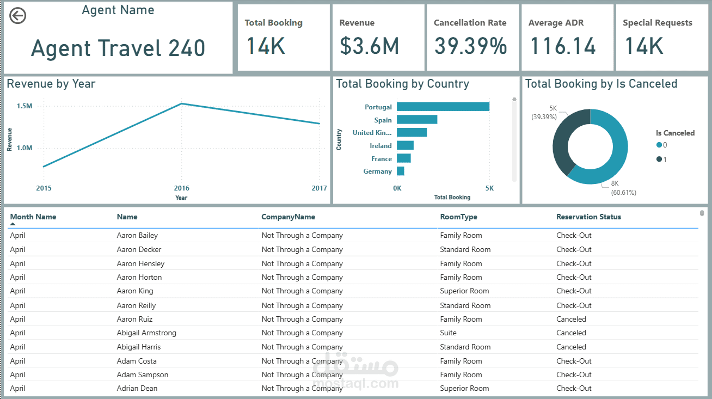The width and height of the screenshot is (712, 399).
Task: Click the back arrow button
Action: click(x=18, y=16)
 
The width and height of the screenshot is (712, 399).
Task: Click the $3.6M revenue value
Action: click(x=369, y=47)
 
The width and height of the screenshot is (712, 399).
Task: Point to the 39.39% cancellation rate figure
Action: click(x=470, y=47)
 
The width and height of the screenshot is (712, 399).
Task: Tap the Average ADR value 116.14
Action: click(x=563, y=47)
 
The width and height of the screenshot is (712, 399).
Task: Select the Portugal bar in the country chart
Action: click(x=443, y=107)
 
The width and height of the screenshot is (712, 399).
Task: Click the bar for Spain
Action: click(x=417, y=120)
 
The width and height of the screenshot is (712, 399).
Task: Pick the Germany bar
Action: click(x=401, y=171)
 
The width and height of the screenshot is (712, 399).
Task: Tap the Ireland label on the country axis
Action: click(x=380, y=146)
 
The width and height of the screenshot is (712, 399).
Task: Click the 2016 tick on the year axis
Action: click(x=181, y=188)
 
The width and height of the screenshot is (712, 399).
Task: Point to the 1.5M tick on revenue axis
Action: click(x=24, y=106)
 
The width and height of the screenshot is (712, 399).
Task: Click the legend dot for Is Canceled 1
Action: click(x=659, y=159)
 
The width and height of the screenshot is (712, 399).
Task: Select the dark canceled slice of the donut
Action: click(x=563, y=142)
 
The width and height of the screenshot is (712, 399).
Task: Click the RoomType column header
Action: click(x=458, y=217)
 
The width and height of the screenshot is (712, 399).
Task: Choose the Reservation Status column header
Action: click(x=588, y=217)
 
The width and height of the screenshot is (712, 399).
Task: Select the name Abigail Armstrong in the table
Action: click(x=146, y=333)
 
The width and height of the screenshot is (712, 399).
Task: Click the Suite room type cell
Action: click(x=448, y=333)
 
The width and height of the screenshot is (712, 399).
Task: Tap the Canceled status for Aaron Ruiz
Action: click(x=571, y=319)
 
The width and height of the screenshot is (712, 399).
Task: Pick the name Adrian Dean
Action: click(x=137, y=388)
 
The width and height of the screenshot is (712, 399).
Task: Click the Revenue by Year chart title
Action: click(x=51, y=84)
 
